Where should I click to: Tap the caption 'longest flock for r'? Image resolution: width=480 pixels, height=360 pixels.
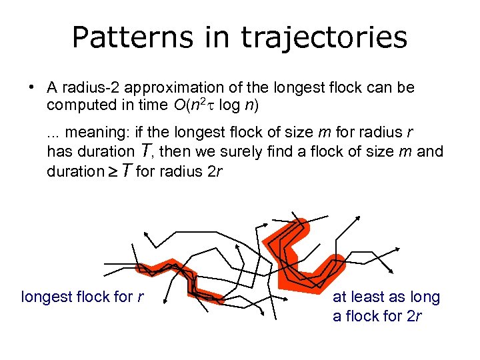point(83,297)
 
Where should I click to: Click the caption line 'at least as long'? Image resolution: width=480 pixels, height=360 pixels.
point(386,297)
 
